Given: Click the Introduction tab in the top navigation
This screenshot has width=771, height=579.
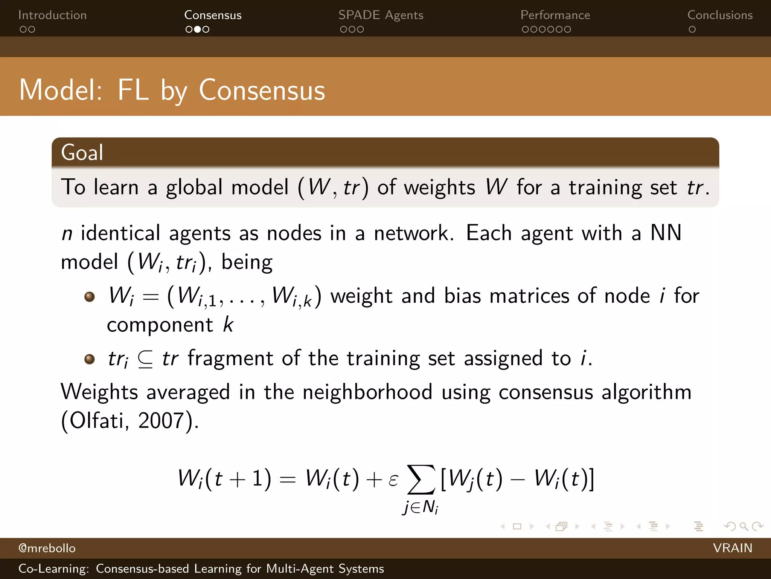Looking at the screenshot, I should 52,15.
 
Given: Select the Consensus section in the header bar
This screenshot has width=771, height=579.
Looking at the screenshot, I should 213,15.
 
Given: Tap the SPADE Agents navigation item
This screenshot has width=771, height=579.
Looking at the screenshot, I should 381,15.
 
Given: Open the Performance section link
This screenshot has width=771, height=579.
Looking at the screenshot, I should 555,15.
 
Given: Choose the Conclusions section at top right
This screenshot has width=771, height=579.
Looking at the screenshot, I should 720,15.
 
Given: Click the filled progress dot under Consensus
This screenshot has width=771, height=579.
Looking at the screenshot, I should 197,29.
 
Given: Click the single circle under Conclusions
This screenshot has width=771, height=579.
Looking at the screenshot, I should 692,29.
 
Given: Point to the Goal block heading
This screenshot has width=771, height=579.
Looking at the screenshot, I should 82,153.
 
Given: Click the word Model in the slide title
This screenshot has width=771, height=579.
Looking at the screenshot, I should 60,90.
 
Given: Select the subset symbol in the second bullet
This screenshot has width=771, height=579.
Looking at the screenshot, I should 145,359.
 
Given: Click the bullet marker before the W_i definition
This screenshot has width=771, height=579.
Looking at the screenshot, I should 90,297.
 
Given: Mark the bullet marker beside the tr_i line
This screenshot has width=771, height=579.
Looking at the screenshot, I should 90,359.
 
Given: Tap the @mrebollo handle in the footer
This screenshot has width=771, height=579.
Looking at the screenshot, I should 47,548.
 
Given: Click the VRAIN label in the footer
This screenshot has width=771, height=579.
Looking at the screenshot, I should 732,548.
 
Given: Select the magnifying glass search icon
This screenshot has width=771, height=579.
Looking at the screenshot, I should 743,526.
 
